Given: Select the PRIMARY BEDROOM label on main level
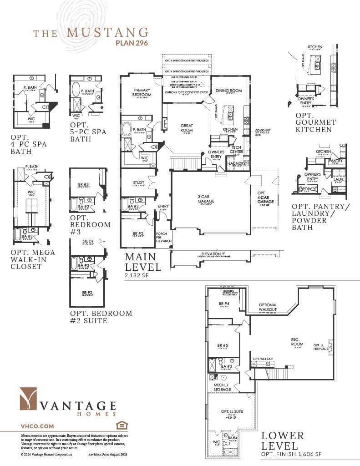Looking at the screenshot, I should click(142, 92).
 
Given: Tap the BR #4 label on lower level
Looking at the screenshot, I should click(223, 303).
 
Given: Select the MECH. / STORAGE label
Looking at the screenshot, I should click(223, 387).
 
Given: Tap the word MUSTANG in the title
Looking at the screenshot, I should click(107, 32).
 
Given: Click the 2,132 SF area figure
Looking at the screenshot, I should click(137, 275).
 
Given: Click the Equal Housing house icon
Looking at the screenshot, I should click(121, 425).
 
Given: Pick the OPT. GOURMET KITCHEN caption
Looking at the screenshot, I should click(315, 122).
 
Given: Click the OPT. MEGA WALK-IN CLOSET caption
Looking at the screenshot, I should click(32, 259).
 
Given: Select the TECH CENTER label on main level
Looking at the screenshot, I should click(237, 150).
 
